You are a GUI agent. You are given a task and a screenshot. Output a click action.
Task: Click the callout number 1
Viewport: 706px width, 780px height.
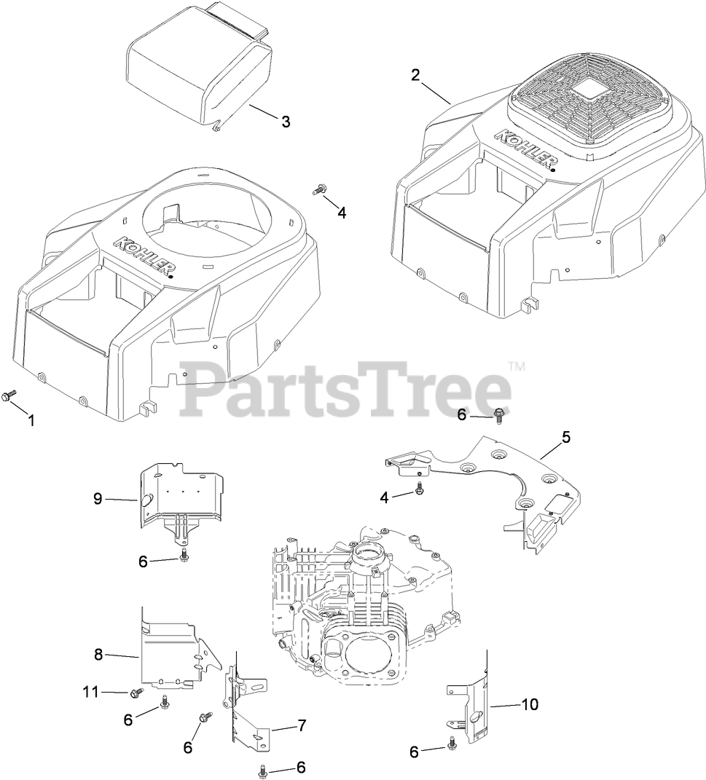pos(31,420)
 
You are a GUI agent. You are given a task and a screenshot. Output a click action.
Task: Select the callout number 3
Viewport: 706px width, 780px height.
pos(286,122)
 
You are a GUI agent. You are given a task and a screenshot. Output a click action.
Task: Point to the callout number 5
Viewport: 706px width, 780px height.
pos(565,438)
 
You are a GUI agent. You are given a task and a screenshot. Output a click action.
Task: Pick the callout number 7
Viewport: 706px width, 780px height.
pos(301,725)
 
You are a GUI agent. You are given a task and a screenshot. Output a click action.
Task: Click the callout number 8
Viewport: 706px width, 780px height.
pos(98,653)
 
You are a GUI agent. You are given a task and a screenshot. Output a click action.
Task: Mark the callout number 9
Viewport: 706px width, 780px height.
pos(98,499)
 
